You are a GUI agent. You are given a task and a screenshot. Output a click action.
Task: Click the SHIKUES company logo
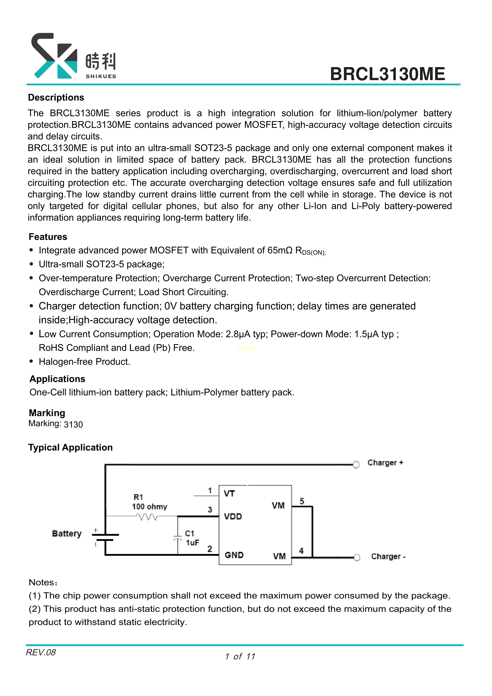[x=74, y=56]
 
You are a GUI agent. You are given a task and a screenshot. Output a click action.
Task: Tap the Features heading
[x=48, y=237]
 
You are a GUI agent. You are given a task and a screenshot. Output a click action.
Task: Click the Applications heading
[x=57, y=379]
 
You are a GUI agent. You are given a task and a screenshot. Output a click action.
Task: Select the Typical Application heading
[x=70, y=447]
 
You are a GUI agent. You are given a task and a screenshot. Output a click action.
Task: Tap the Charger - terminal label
[x=388, y=557]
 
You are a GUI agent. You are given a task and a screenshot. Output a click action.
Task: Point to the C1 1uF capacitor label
[x=192, y=538]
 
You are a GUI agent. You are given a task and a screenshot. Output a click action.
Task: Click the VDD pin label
[x=233, y=516]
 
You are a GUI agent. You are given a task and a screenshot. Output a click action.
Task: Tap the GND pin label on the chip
[x=234, y=555]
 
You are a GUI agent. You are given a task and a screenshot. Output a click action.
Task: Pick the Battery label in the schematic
[x=67, y=534]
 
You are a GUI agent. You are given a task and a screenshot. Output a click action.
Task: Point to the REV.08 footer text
[x=41, y=652]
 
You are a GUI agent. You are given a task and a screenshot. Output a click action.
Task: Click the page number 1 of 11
[x=240, y=657]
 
